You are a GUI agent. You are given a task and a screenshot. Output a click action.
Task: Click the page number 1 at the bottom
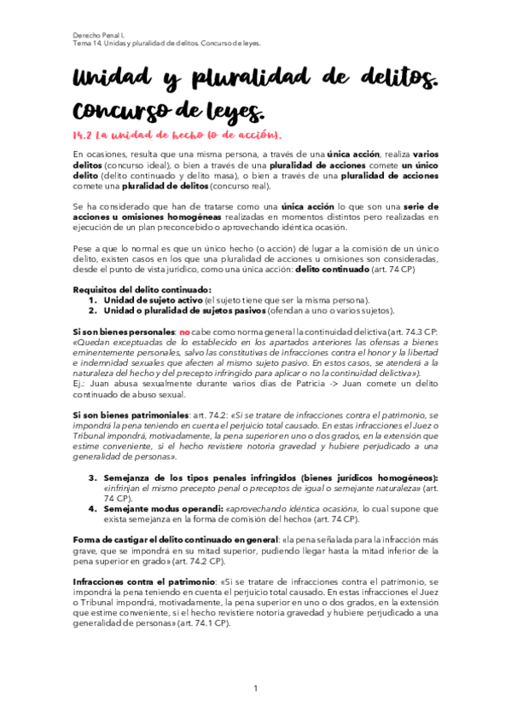(255, 688)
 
